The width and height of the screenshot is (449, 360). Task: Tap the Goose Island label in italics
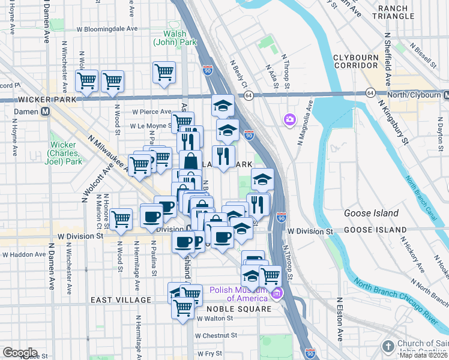coord(371,213)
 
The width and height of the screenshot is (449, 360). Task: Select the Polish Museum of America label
coord(238,294)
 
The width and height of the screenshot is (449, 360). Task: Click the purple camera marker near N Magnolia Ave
coord(290,121)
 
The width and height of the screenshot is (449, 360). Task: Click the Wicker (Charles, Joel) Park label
coord(63,153)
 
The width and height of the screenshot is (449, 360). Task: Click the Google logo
coord(20,353)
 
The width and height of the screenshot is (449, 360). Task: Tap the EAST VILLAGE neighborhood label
coord(121,299)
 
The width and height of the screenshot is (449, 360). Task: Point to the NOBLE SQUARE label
coord(238,309)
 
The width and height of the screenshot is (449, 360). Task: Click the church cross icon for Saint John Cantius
coord(388,346)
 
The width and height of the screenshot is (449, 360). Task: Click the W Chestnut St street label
coord(213,335)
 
